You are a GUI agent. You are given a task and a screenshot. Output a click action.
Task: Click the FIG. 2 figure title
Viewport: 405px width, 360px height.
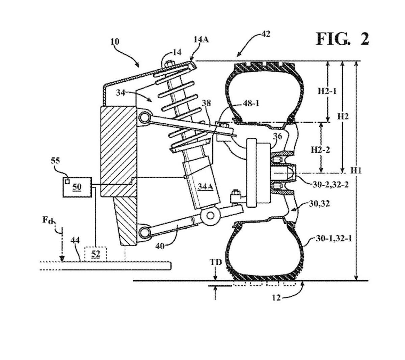point(342,39)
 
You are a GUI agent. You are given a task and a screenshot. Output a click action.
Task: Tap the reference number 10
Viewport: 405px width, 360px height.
point(114,42)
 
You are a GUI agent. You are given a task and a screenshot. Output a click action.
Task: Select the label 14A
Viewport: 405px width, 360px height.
point(201,40)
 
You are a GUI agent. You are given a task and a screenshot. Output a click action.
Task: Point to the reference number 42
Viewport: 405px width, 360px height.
point(266,34)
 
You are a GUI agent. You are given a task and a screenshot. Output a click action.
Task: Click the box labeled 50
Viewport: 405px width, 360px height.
point(77,187)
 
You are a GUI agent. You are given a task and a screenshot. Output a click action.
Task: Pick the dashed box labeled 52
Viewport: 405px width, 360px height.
point(96,254)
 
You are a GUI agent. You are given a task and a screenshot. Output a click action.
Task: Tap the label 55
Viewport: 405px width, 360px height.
point(55,161)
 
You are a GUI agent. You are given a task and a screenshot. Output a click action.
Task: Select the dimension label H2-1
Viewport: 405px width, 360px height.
point(327,92)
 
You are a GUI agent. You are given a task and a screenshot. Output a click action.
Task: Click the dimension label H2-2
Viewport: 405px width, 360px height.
point(320,150)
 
